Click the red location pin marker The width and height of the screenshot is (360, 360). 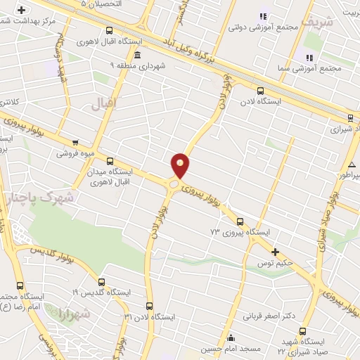click(181, 165)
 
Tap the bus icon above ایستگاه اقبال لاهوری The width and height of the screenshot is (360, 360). click(109, 30)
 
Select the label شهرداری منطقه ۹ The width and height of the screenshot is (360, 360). click(131, 66)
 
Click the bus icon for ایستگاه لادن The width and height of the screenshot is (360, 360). click(261, 90)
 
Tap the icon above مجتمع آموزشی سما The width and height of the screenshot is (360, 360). click(309, 57)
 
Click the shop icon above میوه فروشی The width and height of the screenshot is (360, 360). click(75, 142)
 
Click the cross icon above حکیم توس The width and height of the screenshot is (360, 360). click(275, 252)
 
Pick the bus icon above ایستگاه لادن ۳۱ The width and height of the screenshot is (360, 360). click(149, 306)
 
